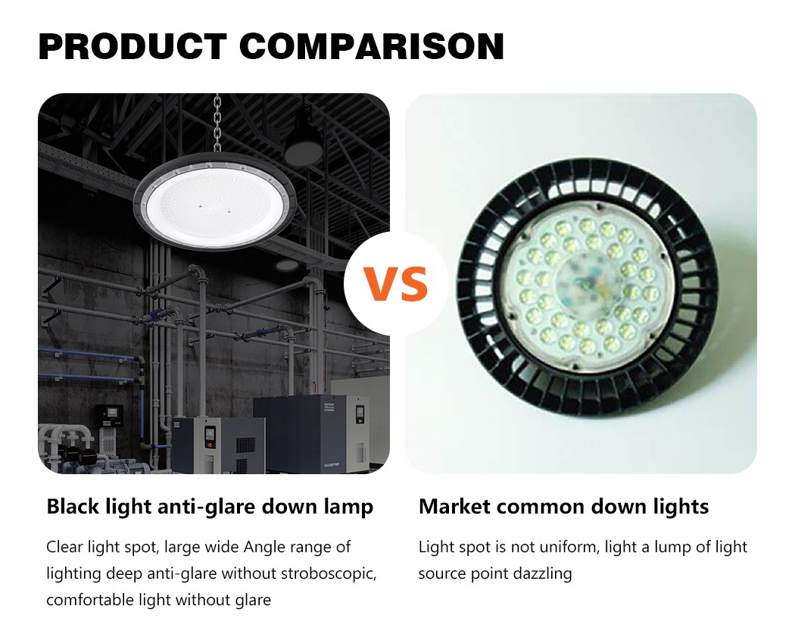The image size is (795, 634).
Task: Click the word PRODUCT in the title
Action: point(132,46)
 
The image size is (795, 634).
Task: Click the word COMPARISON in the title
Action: point(372,46)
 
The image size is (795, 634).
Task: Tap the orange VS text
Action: point(396,284)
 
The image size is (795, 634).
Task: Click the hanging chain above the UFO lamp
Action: point(217,123)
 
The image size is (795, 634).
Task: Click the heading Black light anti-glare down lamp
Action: point(210,506)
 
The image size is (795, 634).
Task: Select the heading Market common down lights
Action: point(564,506)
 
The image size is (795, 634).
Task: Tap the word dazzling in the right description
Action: point(543,573)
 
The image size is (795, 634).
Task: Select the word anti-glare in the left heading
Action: point(207,507)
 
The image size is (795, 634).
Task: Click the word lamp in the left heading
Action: point(348,507)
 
